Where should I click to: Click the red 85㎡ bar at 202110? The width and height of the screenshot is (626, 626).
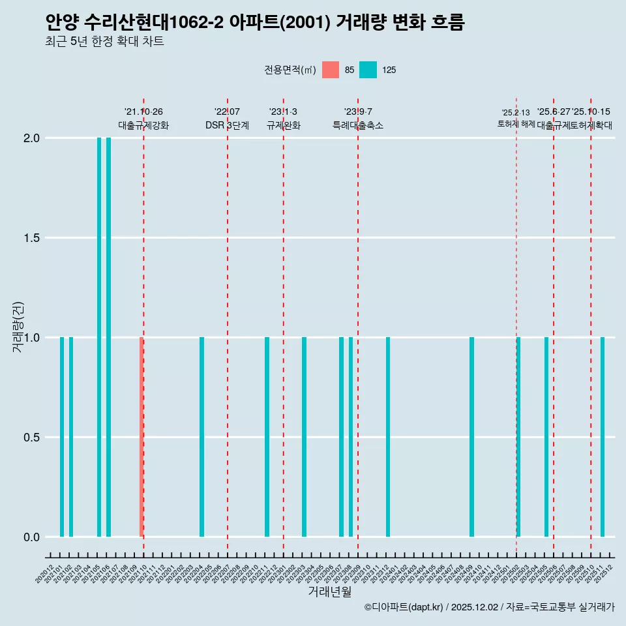141,437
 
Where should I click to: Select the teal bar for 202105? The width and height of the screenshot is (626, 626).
99,337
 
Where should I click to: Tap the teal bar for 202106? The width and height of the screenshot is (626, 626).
108,337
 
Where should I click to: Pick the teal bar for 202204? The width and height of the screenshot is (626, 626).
201,437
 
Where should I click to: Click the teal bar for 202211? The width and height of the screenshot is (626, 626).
267,437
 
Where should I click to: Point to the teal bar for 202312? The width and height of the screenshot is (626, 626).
388,437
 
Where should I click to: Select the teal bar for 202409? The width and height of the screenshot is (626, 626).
471,437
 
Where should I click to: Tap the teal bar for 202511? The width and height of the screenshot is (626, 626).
603,437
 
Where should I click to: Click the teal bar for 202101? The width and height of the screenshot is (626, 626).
62,437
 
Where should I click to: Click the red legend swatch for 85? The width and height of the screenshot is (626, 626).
331,70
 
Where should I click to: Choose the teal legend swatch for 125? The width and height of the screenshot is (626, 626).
368,70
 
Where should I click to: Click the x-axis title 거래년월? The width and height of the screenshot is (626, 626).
330,592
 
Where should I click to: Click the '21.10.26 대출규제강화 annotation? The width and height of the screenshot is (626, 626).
143,119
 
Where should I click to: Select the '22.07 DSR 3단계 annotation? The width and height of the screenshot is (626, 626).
227,119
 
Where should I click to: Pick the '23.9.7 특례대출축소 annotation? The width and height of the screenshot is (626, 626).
358,119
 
